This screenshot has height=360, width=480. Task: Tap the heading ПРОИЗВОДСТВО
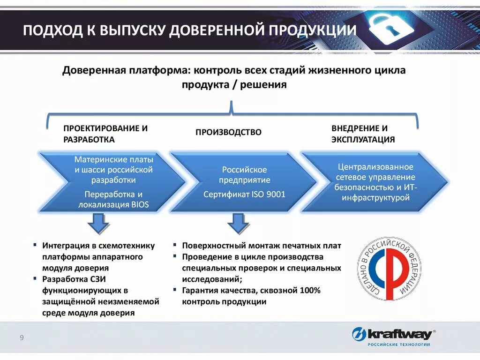[228, 133]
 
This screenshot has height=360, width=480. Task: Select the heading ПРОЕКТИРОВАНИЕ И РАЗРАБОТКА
[105, 134]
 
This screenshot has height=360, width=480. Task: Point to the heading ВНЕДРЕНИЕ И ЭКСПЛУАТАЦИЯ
[363, 134]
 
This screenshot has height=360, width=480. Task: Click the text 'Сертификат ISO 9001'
[244, 194]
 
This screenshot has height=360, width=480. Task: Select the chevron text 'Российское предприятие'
[244, 174]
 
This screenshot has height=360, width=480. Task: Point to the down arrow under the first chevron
[98, 224]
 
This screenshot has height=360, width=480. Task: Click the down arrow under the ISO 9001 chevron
[238, 224]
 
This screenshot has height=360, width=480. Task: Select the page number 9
[22, 337]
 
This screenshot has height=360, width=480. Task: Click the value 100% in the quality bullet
[310, 291]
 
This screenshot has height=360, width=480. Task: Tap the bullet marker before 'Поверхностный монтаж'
[174, 245]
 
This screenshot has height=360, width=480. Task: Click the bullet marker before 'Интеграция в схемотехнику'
[35, 245]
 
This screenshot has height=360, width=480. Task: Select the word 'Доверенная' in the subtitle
[93, 71]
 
